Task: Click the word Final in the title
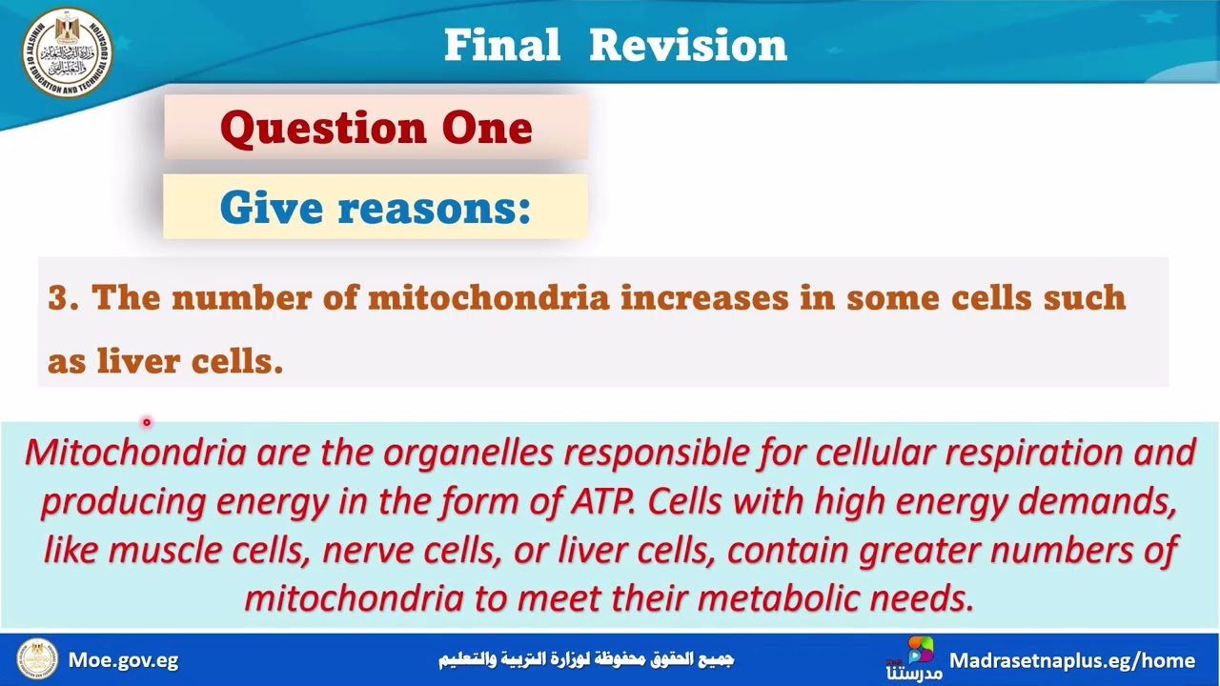[x=501, y=45]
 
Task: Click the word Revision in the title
[x=688, y=45]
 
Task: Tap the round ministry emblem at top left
[x=67, y=52]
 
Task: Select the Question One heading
[x=376, y=128]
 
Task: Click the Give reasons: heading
[x=375, y=207]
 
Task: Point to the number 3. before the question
[x=63, y=298]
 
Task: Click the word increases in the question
[x=704, y=298]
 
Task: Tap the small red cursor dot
[x=147, y=421]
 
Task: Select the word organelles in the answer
[x=467, y=452]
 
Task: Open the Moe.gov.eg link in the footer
[x=123, y=660]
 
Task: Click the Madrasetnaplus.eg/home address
[x=1071, y=660]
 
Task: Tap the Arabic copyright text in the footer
[x=585, y=659]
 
